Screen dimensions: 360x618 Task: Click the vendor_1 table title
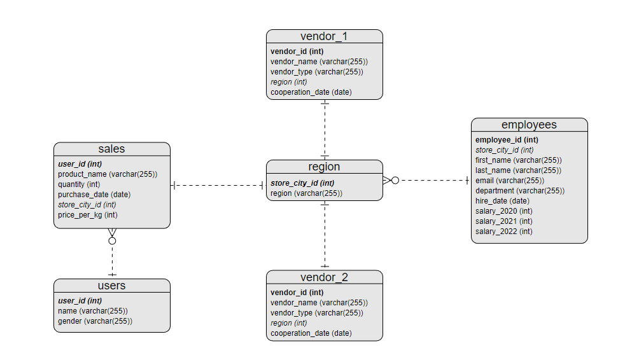[x=324, y=36]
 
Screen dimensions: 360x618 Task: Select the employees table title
[x=529, y=125]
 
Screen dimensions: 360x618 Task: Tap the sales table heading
[x=111, y=149]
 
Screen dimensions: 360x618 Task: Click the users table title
[x=111, y=286]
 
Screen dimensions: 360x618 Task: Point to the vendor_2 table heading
[x=324, y=277]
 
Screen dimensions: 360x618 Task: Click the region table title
[x=324, y=167]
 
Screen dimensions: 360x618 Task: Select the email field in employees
[x=509, y=181]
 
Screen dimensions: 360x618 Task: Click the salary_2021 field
[x=503, y=221]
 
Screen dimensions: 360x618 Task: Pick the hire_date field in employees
[x=502, y=201]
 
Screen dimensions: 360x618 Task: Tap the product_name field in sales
[x=108, y=174]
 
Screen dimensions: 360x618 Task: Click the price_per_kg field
[x=88, y=215]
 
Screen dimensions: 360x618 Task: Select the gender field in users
[x=95, y=321]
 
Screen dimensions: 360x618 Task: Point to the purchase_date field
[x=94, y=195]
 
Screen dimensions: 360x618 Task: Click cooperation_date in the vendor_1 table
[x=311, y=92]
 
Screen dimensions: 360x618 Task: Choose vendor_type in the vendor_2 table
[x=316, y=313]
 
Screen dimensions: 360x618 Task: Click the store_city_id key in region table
[x=302, y=183]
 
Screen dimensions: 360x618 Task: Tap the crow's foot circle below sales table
[x=112, y=241]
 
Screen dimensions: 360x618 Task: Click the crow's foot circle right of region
[x=395, y=181]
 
